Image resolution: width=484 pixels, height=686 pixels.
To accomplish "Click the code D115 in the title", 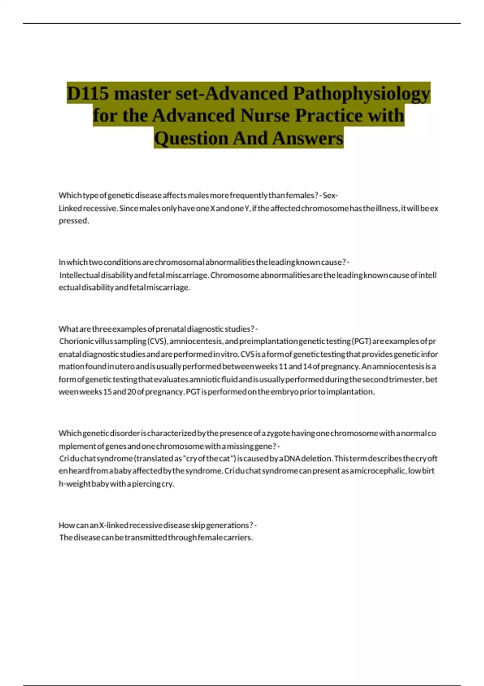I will click(x=88, y=93).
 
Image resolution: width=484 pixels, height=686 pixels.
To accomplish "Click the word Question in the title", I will click(x=191, y=138).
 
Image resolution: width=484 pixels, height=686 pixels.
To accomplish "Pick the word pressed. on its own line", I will click(x=74, y=221).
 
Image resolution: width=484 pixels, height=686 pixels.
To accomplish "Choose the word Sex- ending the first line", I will click(x=330, y=196).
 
